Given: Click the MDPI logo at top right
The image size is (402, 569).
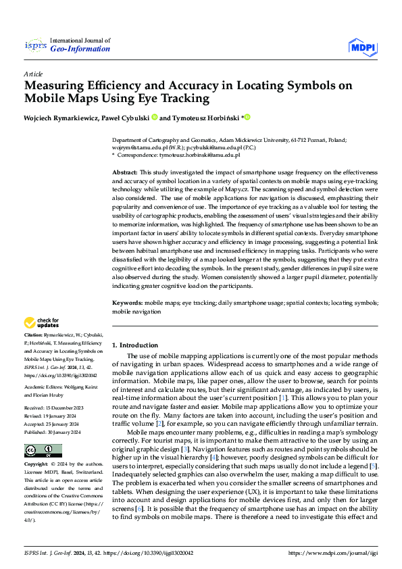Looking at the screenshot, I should (362, 45).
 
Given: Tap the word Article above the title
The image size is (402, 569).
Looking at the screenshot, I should (33, 74).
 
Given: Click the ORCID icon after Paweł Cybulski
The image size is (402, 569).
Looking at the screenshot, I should (155, 117).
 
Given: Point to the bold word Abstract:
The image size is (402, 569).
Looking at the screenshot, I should (126, 174).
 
